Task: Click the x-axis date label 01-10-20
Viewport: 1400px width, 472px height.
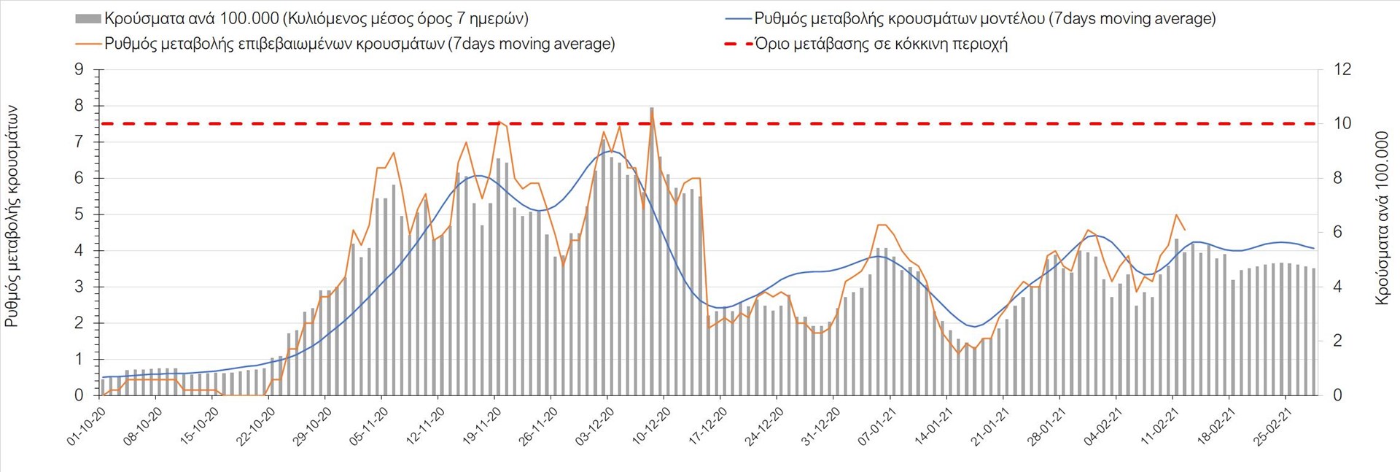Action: click(x=87, y=427)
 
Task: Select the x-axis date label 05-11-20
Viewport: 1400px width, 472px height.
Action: click(x=369, y=427)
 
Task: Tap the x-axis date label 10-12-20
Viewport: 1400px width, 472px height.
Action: click(x=651, y=427)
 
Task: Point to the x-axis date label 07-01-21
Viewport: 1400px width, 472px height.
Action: click(x=877, y=427)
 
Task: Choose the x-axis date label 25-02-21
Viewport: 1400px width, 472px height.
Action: click(x=1272, y=427)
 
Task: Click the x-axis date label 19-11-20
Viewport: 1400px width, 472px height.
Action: click(x=482, y=427)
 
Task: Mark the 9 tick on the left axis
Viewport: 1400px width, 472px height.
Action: click(x=79, y=70)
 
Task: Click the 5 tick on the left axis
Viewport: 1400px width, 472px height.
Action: click(x=79, y=214)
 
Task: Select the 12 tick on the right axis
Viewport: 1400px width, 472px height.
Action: click(x=1342, y=70)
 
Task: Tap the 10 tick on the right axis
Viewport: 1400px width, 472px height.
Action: click(x=1342, y=124)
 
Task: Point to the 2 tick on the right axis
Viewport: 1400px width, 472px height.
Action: click(x=1337, y=341)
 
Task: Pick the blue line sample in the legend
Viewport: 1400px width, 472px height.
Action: click(x=738, y=19)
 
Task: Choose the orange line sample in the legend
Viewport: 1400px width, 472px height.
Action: click(x=87, y=44)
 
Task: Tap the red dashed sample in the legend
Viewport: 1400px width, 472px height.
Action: click(x=738, y=44)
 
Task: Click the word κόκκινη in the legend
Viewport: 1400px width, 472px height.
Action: click(x=916, y=44)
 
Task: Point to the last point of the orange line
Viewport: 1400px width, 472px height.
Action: click(x=1185, y=231)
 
